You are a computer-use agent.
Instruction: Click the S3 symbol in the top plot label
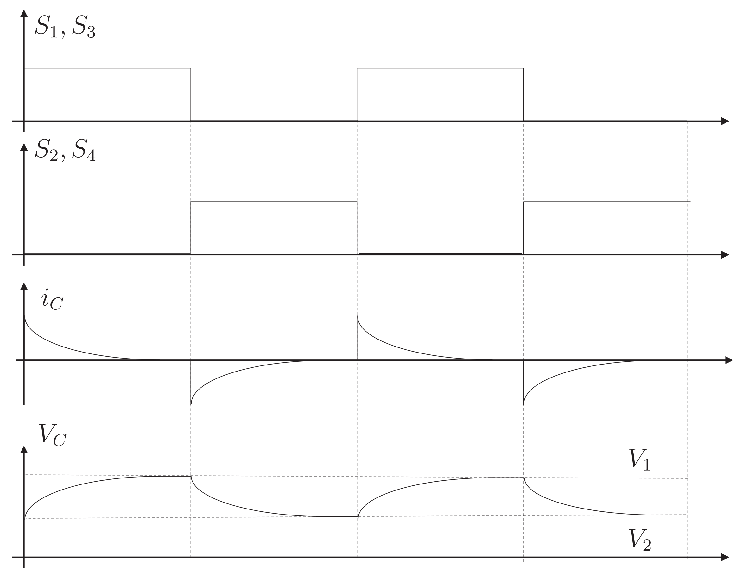(x=84, y=27)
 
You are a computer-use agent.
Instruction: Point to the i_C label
(x=52, y=299)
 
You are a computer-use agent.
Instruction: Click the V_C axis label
(x=52, y=435)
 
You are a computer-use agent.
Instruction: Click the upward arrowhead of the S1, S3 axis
(x=24, y=14)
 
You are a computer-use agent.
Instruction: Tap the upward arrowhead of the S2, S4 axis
(x=24, y=147)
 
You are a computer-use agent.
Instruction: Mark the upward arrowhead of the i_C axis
(x=24, y=286)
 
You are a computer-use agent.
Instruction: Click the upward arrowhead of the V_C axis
(x=24, y=449)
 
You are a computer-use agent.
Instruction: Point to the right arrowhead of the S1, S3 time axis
(x=725, y=121)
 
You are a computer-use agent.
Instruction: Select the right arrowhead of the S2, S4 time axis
(x=725, y=255)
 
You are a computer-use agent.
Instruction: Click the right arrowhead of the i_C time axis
(x=729, y=360)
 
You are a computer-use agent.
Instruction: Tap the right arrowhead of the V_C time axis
(x=725, y=557)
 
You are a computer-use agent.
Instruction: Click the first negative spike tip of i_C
(x=191, y=404)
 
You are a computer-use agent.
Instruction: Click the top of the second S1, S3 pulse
(x=441, y=68)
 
